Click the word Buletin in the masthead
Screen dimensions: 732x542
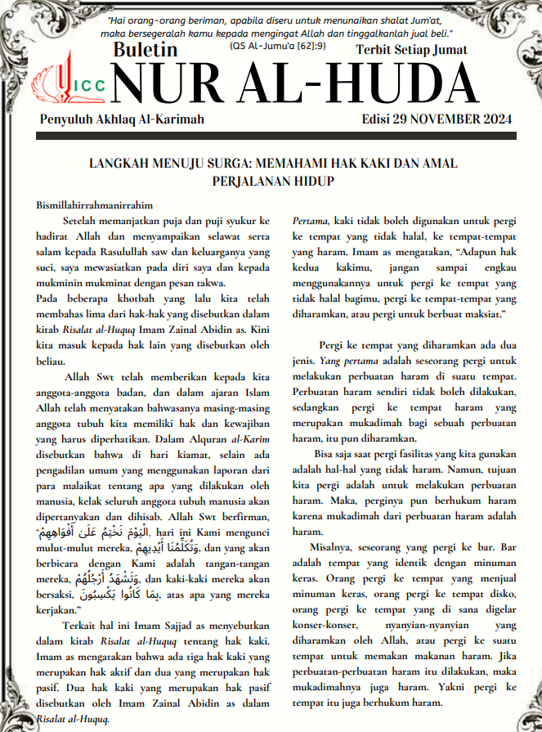pos(146,50)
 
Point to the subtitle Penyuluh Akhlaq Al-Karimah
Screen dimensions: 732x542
pos(122,119)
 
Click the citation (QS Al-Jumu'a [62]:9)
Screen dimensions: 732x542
pos(267,46)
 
